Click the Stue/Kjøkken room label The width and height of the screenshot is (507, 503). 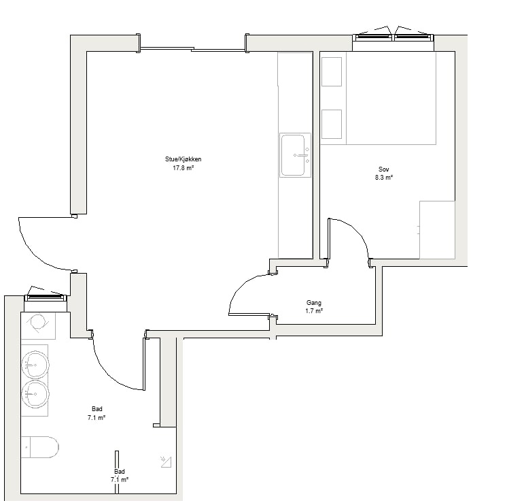click(x=183, y=159)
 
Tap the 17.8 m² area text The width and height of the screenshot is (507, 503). click(x=183, y=167)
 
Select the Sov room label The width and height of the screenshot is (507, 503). click(x=384, y=169)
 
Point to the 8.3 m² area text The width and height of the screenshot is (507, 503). click(x=384, y=177)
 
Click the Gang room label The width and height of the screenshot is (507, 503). click(x=313, y=303)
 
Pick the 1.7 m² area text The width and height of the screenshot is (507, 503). click(x=313, y=311)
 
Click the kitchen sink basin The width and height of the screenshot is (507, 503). click(x=293, y=155)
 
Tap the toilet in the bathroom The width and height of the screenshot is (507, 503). click(x=40, y=447)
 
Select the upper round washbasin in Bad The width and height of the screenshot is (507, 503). click(x=35, y=365)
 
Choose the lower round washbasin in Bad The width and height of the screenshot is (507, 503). click(x=35, y=394)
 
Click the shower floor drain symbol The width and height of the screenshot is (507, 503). click(x=166, y=462)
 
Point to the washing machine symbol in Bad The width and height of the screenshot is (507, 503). click(x=38, y=325)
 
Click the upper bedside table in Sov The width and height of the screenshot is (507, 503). click(x=332, y=72)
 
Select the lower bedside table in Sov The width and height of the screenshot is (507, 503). click(x=332, y=125)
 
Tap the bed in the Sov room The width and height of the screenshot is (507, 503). click(x=391, y=98)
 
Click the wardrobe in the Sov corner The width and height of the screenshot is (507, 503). click(x=437, y=230)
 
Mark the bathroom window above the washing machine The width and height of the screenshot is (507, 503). click(x=46, y=297)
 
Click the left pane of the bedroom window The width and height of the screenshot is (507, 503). click(x=373, y=37)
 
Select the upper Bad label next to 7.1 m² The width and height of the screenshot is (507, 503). click(x=97, y=409)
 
